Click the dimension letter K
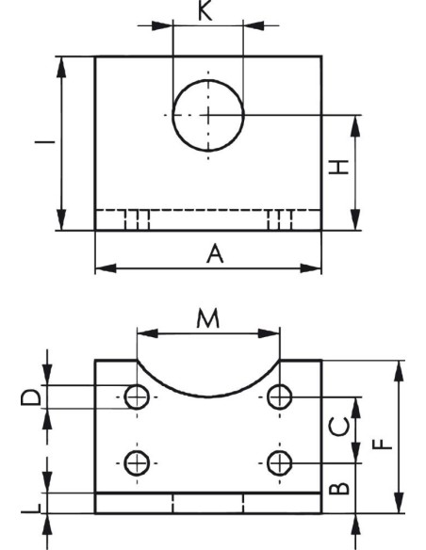pos(205,11)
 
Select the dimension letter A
pos(215,254)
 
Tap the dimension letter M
pos(207,318)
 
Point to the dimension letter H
pos(338,167)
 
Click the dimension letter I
pos(44,142)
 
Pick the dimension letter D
pos(31,397)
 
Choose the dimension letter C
pos(339,427)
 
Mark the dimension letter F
pos(382,445)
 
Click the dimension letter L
pos(31,508)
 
